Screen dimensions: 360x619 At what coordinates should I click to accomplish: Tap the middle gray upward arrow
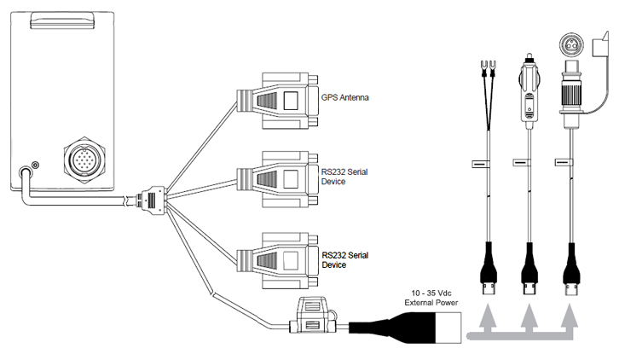point(529,322)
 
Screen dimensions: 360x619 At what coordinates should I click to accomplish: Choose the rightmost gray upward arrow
point(570,322)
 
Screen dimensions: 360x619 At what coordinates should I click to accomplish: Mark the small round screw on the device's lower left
point(35,164)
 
